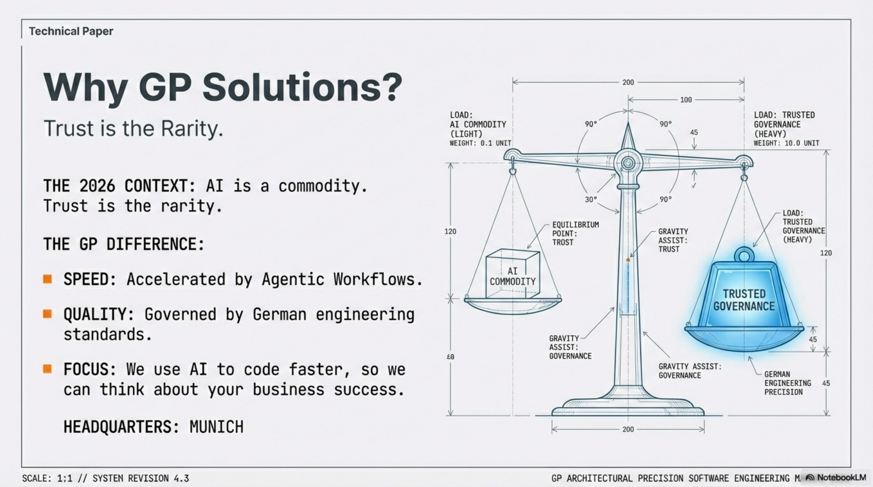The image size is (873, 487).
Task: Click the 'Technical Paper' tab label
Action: pyautogui.click(x=71, y=31)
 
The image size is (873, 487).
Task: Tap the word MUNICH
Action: pyautogui.click(x=216, y=427)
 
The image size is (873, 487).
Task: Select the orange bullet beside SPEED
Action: pyautogui.click(x=47, y=279)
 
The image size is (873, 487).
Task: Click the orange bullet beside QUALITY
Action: pyautogui.click(x=47, y=314)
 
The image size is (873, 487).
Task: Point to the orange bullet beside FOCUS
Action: pyautogui.click(x=47, y=369)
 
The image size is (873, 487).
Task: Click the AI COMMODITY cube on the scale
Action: pyautogui.click(x=512, y=274)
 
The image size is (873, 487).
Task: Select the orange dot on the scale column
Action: pyautogui.click(x=628, y=260)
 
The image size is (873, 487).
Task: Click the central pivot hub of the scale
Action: pyautogui.click(x=628, y=163)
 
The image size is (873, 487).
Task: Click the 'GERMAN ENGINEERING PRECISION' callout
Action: pyautogui.click(x=788, y=383)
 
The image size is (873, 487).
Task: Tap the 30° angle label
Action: pyautogui.click(x=591, y=199)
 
